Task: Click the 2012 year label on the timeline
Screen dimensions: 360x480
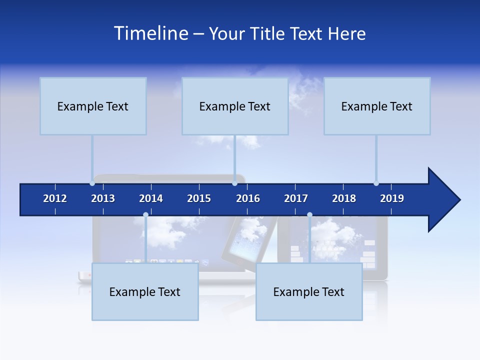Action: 55,198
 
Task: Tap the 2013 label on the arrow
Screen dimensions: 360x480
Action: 103,198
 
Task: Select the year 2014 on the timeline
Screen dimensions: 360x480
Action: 151,198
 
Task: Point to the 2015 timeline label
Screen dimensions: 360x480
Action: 199,198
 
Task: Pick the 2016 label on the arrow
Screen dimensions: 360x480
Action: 248,198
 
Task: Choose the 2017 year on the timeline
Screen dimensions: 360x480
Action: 296,198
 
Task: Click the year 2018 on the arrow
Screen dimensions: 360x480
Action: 344,198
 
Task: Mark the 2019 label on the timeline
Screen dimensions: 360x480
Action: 392,198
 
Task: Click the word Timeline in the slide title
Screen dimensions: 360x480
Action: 151,33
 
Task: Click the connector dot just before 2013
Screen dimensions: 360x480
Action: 92,183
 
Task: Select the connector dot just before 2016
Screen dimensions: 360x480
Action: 234,183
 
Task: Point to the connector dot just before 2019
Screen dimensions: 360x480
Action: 376,183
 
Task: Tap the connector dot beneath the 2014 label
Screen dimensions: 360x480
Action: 145,215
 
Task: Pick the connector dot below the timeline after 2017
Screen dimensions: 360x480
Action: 309,215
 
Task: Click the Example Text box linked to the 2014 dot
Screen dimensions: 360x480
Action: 145,292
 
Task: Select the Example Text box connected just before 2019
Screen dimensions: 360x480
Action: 377,106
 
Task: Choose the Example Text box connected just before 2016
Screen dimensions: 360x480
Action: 235,106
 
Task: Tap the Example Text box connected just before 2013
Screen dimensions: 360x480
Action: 93,106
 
